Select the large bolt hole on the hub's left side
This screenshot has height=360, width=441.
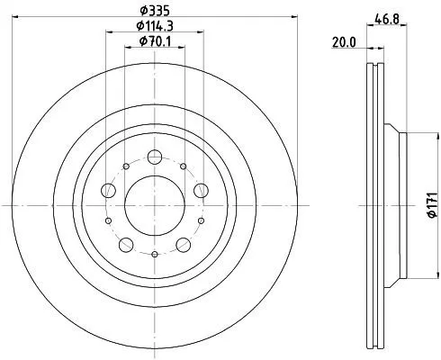[109, 190]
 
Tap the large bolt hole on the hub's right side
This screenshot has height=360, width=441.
[201, 190]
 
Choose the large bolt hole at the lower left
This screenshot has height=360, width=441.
[126, 244]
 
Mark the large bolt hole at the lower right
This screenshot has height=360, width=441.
[183, 244]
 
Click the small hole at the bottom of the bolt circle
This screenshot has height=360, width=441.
[155, 255]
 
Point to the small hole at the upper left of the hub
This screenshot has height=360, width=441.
[125, 167]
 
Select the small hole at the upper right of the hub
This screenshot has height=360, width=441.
[184, 167]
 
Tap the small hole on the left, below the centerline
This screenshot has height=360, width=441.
[108, 220]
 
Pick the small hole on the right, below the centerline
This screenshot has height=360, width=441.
[202, 220]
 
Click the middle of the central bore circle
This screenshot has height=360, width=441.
[155, 206]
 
